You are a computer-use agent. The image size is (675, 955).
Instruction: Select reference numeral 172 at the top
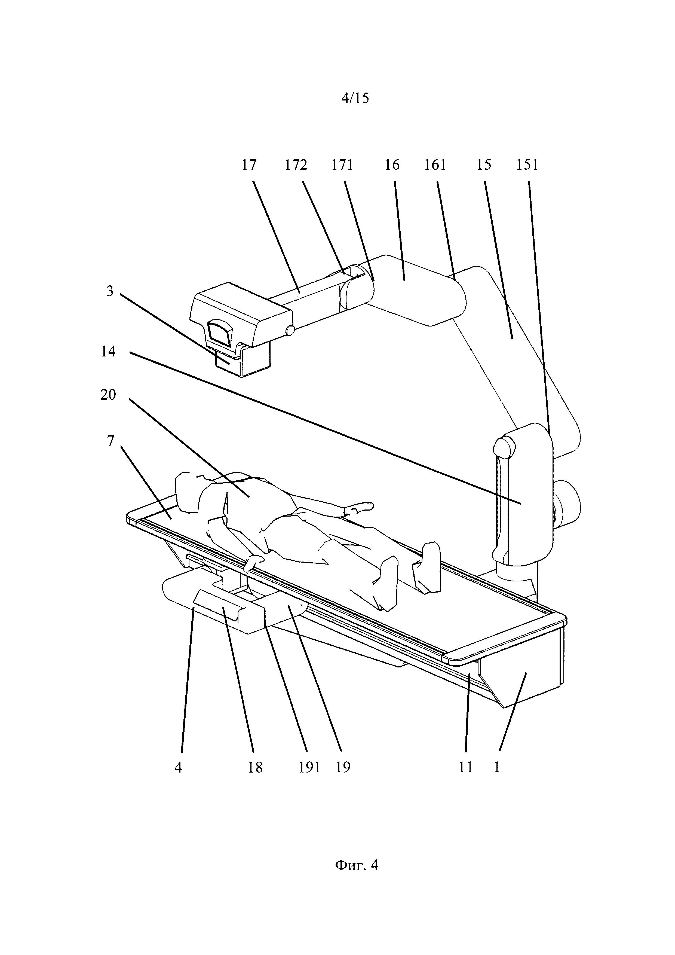pos(296,165)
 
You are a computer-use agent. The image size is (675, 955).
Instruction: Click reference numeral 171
pos(342,165)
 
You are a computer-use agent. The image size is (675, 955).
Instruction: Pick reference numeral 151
pos(527,165)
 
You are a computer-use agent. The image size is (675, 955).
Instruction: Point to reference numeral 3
pos(110,291)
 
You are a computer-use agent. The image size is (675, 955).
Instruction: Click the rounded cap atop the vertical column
pos(504,447)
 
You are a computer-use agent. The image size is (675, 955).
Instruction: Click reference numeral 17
pos(249,165)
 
